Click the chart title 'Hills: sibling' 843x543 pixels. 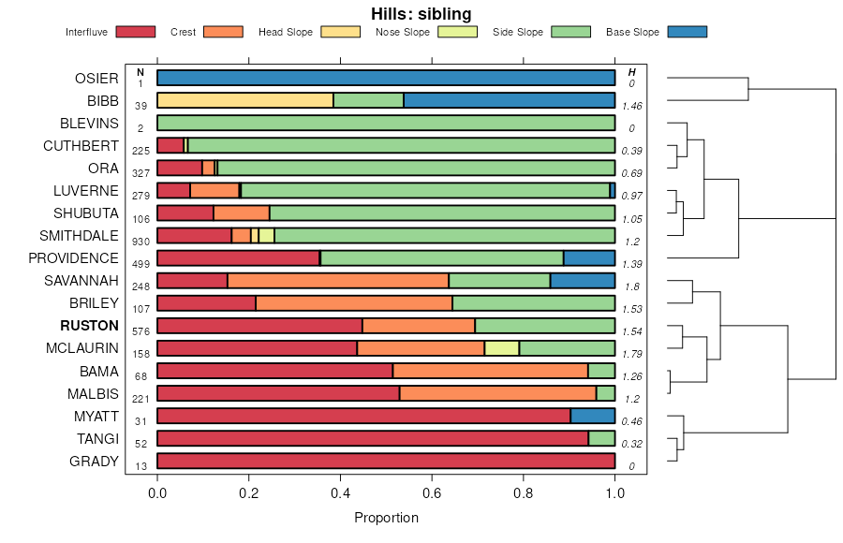tap(421, 13)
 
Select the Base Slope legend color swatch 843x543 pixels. tap(688, 32)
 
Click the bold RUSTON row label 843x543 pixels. tap(89, 326)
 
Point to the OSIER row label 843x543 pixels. tap(96, 79)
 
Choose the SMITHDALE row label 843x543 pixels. tap(79, 236)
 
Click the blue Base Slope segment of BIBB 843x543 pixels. tap(509, 101)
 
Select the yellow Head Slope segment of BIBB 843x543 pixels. tap(244, 101)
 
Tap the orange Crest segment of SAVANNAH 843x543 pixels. tap(337, 281)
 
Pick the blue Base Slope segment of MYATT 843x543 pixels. tap(592, 416)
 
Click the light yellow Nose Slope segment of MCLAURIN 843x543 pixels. tap(501, 348)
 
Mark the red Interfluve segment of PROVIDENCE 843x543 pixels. tap(238, 258)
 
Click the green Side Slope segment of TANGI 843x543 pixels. tap(601, 438)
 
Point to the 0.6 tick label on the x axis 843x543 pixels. tap(432, 493)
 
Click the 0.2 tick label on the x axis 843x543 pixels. tap(248, 493)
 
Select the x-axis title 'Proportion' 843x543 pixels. tap(386, 518)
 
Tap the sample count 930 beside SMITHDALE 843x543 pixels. tap(140, 242)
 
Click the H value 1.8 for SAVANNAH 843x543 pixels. tap(631, 286)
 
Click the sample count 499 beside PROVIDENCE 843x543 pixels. tap(140, 264)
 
